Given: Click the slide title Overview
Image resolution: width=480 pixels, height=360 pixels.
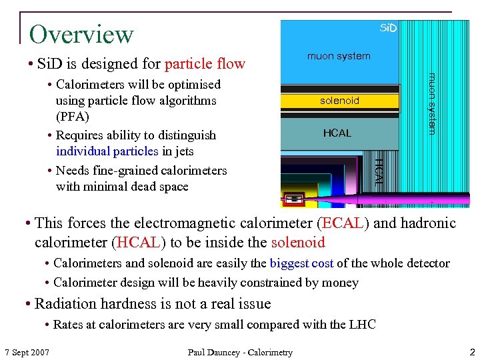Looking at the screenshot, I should pos(81,34).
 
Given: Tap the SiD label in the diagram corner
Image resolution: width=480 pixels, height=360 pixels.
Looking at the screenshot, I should pos(388,28).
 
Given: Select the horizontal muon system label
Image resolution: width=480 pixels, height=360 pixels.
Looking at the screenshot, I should pos(339,56).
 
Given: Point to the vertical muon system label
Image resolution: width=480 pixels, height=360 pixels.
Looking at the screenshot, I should pos(432,103).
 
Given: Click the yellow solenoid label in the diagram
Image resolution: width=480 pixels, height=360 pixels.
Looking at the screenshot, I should pos(339,101).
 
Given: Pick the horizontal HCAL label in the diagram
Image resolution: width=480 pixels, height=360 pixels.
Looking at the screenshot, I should pos(337,133).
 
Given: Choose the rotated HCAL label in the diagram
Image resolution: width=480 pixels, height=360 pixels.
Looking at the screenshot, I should pos(378,169).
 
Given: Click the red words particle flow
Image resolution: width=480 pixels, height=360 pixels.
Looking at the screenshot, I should pos(205,64).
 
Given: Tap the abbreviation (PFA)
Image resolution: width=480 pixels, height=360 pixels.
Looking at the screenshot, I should pos(73,117).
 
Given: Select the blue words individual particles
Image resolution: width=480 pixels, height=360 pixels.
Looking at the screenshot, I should pos(107,151).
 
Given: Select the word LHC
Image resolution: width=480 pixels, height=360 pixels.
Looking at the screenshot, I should pos(363,325).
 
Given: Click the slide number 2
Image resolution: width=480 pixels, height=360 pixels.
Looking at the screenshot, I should pos(471,351).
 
